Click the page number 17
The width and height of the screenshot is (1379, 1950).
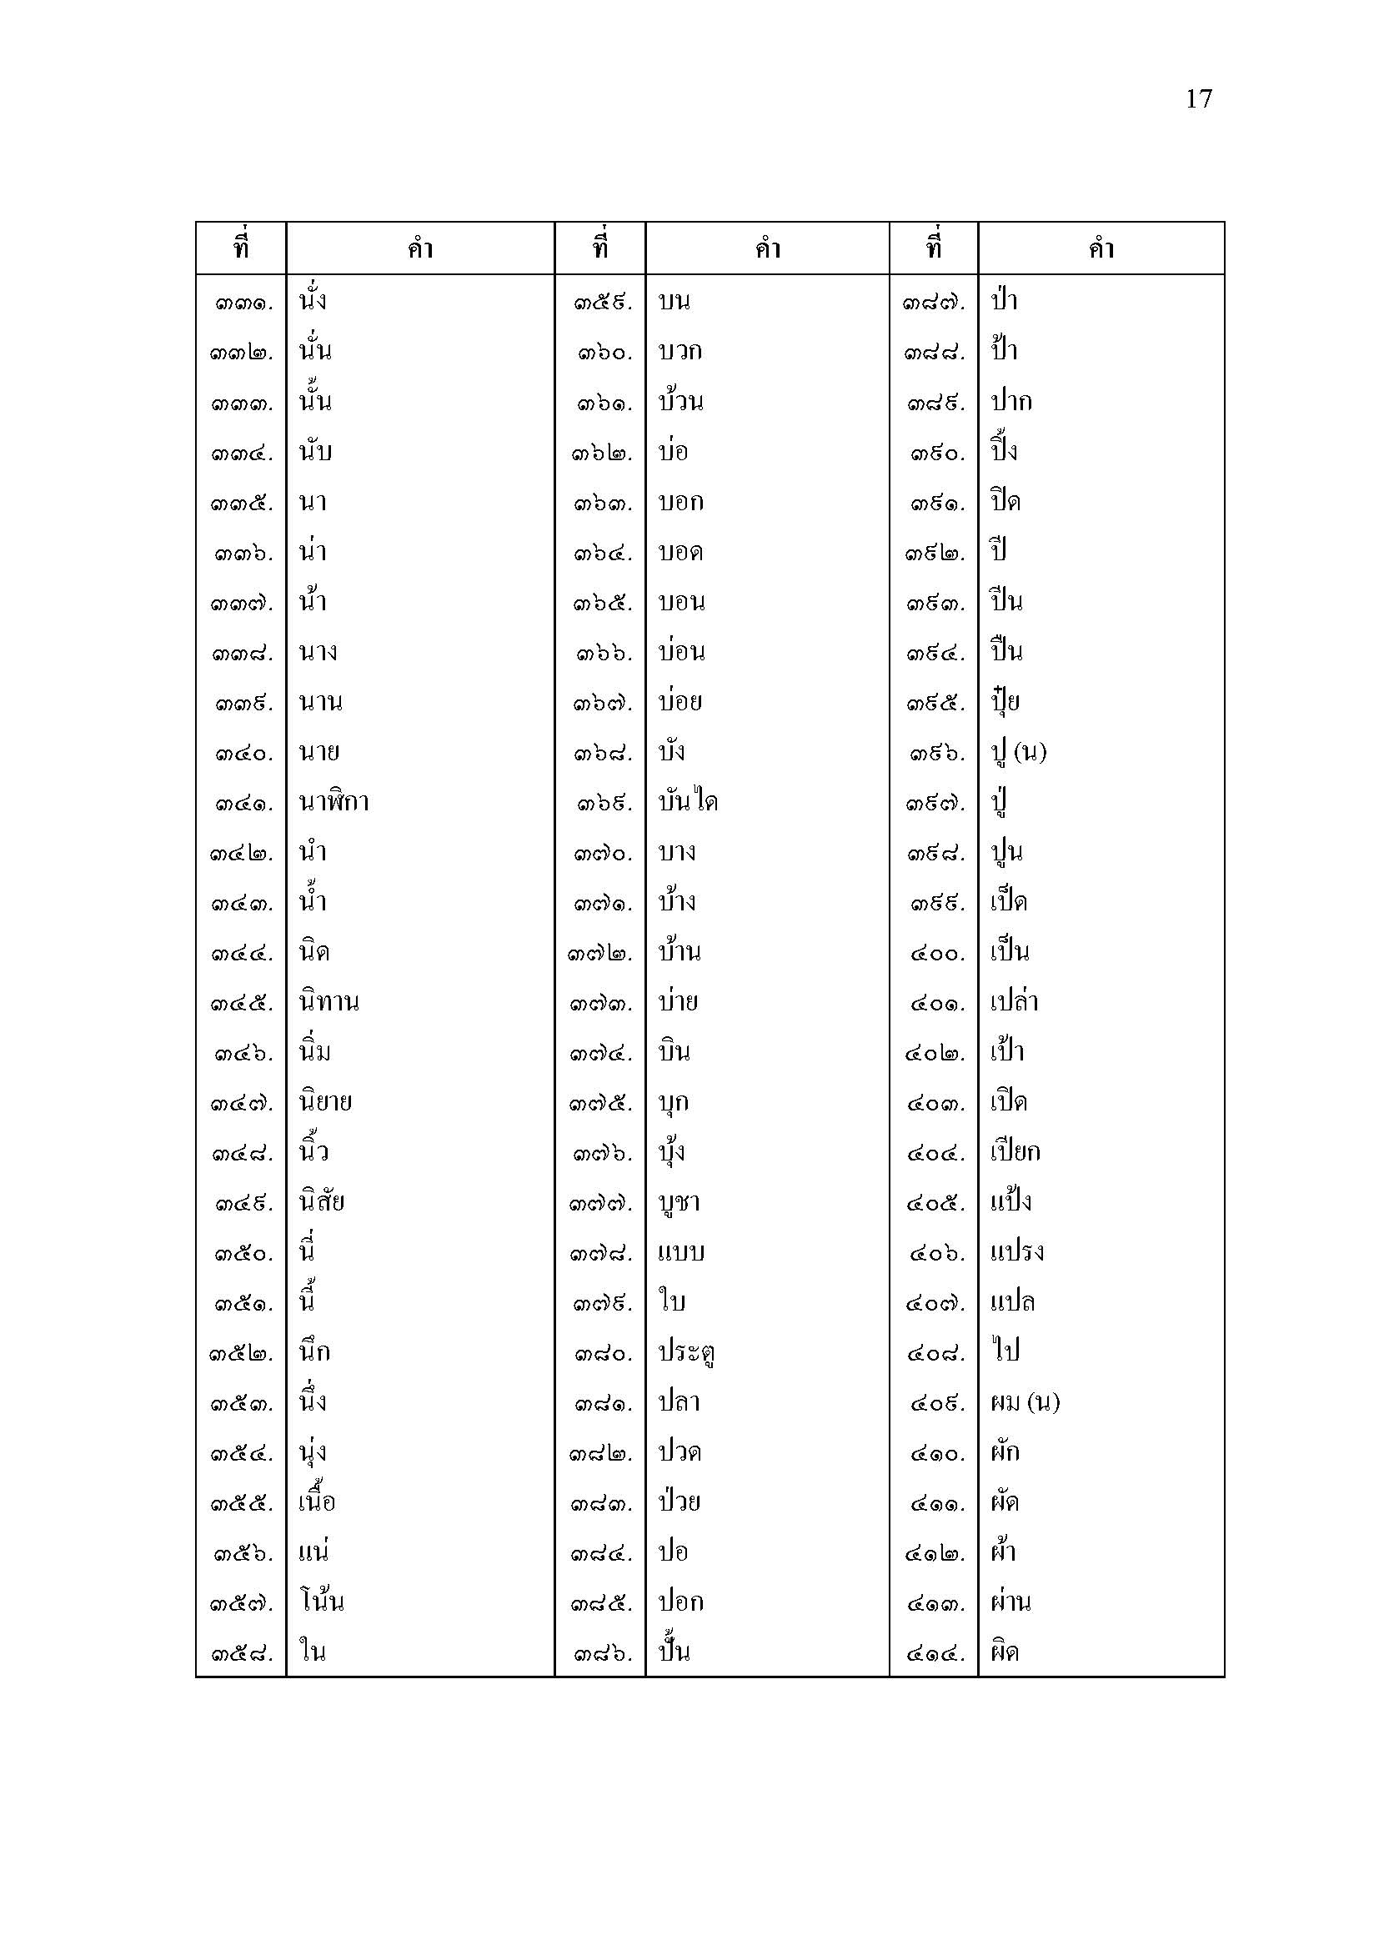(1198, 99)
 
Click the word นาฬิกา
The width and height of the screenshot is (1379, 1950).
(333, 803)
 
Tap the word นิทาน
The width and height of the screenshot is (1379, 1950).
(328, 1002)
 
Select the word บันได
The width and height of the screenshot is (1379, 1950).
(688, 803)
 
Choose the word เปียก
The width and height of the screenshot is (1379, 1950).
(1015, 1152)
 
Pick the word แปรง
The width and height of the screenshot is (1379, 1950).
(1016, 1253)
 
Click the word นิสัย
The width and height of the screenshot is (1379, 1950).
(322, 1203)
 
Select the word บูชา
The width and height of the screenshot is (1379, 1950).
(679, 1203)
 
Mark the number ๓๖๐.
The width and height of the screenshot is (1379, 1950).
(604, 353)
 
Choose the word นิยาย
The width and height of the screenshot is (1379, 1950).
(325, 1102)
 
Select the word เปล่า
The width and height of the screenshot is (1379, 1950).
(1014, 1002)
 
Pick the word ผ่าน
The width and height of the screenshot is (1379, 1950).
(1010, 1602)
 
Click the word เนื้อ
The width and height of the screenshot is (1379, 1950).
(318, 1502)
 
